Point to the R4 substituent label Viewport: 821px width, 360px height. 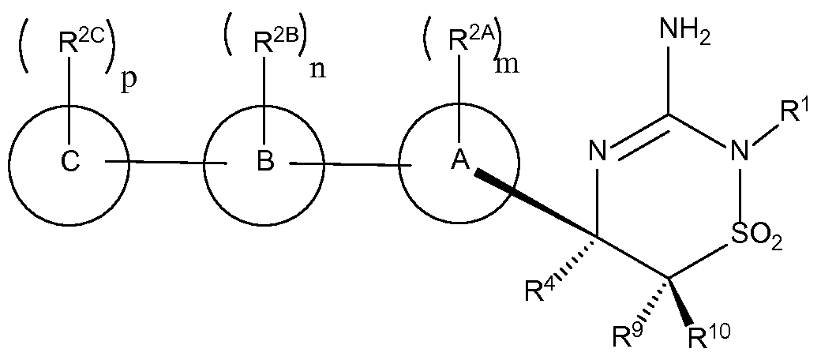[538, 293]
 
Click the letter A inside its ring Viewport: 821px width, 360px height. [459, 162]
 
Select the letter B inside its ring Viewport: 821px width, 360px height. [265, 162]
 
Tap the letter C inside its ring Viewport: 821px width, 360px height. [70, 162]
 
